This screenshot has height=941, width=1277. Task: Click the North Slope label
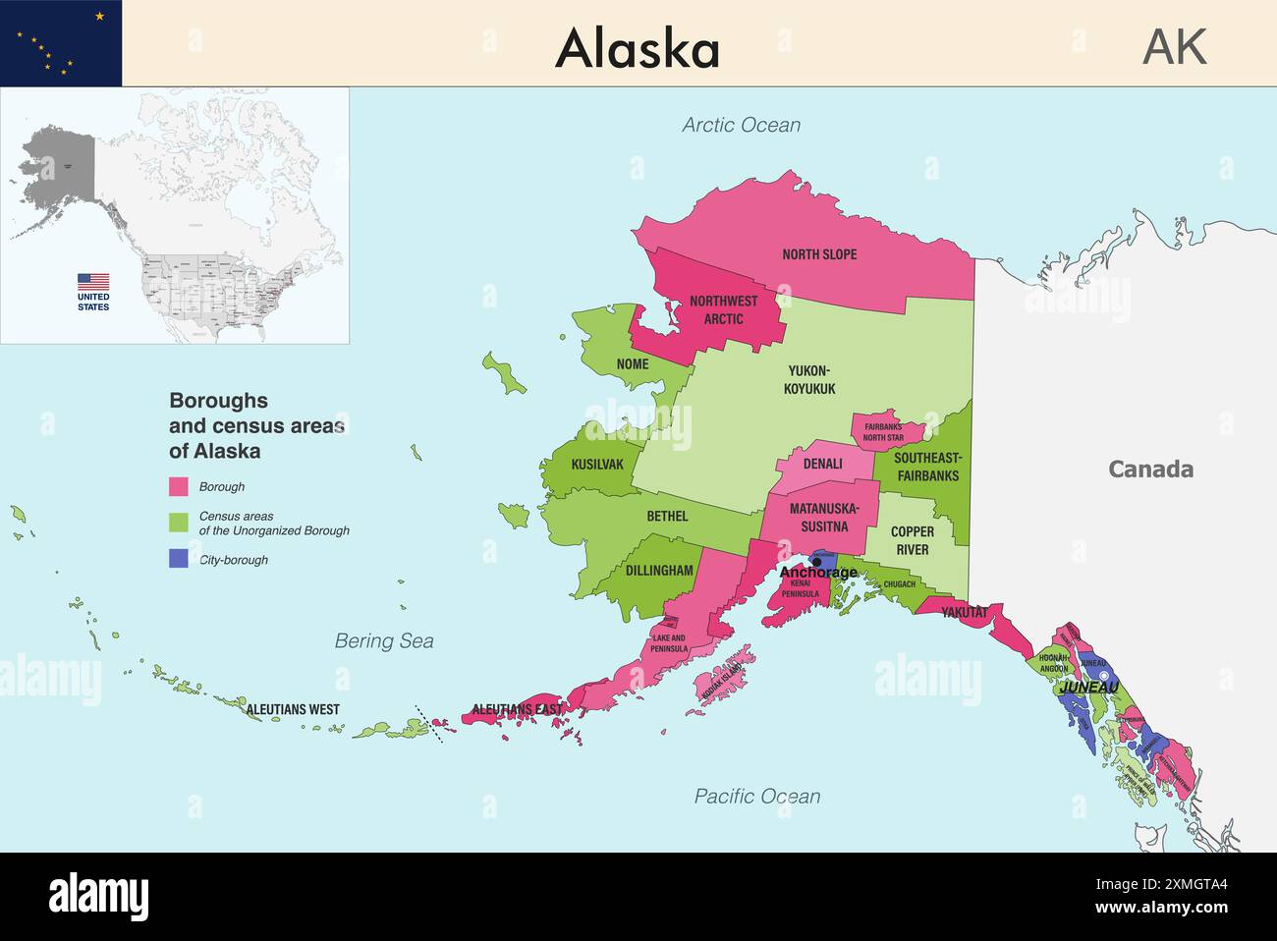[819, 254]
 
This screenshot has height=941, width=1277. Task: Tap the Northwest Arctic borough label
[723, 309]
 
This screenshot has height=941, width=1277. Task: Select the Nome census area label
[633, 364]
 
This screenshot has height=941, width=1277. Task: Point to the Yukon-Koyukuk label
[809, 379]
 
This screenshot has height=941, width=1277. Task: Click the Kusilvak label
[597, 464]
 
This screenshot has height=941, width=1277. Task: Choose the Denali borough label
[822, 464]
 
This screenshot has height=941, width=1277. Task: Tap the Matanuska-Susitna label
[824, 518]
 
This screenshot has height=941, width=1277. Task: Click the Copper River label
[913, 540]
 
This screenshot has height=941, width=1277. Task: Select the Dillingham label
[659, 571]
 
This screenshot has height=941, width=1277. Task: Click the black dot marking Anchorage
[816, 563]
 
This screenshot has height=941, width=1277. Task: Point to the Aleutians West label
[293, 709]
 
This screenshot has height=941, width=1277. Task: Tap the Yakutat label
[964, 613]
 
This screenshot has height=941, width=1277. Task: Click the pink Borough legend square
[178, 486]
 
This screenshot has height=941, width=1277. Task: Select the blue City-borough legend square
[178, 559]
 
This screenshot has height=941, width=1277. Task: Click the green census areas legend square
[178, 522]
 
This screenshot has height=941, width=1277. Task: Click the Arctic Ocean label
[741, 125]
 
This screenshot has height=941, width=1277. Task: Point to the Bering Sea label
[384, 641]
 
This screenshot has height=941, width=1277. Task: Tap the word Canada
[1150, 470]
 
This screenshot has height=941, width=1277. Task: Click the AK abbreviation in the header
[1174, 46]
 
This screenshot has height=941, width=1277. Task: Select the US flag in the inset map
[93, 282]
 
